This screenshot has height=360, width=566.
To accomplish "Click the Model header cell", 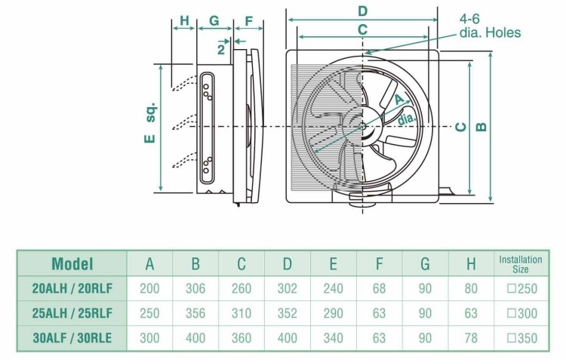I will [x=72, y=264].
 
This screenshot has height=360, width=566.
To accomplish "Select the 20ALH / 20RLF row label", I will [x=72, y=288].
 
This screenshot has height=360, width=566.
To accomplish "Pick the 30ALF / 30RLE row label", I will [x=72, y=338].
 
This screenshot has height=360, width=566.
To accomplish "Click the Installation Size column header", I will [x=521, y=264].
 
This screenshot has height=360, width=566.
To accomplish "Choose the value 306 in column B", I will [x=195, y=288].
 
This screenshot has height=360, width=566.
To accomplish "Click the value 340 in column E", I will [x=333, y=338].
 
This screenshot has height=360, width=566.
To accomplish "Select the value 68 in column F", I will [x=380, y=288].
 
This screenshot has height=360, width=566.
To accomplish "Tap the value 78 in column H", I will [x=471, y=338].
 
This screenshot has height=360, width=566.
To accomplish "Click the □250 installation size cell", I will [x=521, y=288].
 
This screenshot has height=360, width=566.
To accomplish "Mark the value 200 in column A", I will [x=149, y=288].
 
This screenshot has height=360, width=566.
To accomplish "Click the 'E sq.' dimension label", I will [x=150, y=122].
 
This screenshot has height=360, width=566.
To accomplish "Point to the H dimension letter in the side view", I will [x=183, y=22].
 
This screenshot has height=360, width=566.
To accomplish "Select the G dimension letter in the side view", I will [x=214, y=22].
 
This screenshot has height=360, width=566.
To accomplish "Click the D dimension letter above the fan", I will [x=362, y=11].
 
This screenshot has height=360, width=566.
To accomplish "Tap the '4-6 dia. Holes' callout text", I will [x=490, y=27].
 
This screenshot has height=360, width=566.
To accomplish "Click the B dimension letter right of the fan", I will [x=481, y=126].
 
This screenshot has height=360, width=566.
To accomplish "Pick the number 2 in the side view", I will [x=220, y=49].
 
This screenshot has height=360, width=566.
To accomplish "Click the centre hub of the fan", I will [x=364, y=127].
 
